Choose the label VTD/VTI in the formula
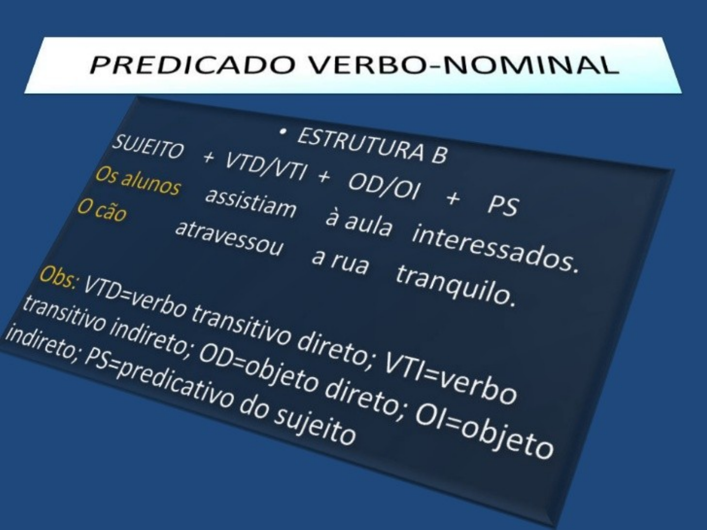266,166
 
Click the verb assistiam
251,202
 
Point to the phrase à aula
358,223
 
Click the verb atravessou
229,238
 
